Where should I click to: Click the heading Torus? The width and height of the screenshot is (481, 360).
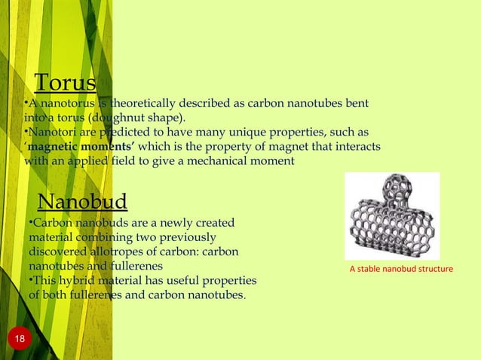tap(66, 82)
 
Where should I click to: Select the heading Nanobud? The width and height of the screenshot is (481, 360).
tap(82, 203)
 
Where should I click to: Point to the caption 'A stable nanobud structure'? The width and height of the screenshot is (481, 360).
tap(401, 269)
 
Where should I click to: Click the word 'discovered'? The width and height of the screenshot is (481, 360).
tap(59, 252)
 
